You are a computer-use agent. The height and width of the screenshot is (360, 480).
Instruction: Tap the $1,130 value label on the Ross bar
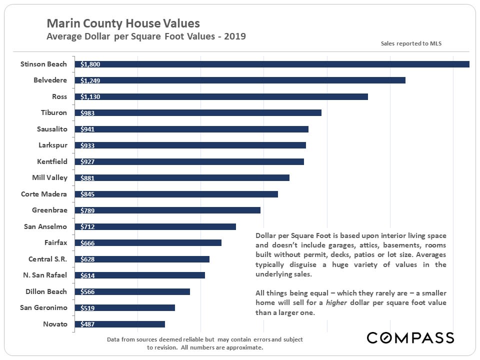pyautogui.click(x=90, y=97)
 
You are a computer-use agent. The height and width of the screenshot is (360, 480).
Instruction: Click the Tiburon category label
pyautogui.click(x=54, y=113)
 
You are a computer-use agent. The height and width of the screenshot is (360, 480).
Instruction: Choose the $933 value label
pyautogui.click(x=87, y=145)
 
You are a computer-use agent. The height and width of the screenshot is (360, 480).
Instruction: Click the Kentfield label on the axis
pyautogui.click(x=52, y=161)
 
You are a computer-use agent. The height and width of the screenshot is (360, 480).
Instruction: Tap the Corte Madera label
pyautogui.click(x=44, y=194)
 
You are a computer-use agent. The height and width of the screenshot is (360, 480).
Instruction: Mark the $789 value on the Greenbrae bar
pyautogui.click(x=87, y=210)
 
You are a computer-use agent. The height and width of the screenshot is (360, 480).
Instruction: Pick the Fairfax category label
pyautogui.click(x=55, y=243)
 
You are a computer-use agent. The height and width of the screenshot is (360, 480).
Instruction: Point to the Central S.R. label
pyautogui.click(x=48, y=259)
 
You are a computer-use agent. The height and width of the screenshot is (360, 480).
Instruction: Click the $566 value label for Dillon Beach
pyautogui.click(x=87, y=292)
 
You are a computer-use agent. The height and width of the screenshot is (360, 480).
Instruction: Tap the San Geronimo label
pyautogui.click(x=43, y=307)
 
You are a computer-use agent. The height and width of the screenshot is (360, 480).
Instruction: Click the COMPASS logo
pyautogui.click(x=410, y=337)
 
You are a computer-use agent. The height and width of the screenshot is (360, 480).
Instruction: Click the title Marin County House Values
pyautogui.click(x=123, y=23)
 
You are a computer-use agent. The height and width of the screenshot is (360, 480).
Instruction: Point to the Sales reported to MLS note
pyautogui.click(x=411, y=43)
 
